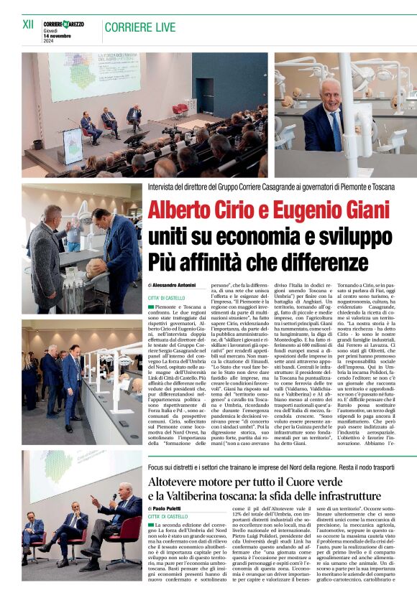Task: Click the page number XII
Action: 28,24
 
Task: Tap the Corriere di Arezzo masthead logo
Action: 63,24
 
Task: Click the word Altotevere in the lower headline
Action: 180,480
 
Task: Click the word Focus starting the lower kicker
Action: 157,466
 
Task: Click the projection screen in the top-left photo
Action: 93,76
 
